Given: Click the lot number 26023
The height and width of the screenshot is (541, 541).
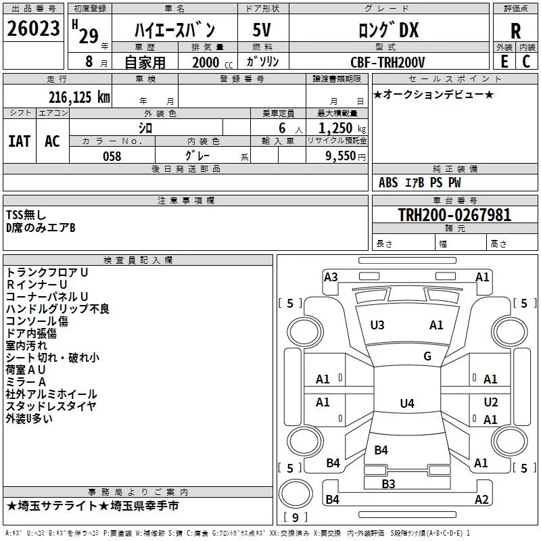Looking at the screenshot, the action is [x=33, y=28].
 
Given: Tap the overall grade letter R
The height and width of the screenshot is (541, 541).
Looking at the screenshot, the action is [x=515, y=31].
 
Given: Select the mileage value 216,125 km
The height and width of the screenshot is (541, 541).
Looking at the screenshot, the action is [x=79, y=97].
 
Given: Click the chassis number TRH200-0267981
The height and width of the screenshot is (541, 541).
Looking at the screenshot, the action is [x=454, y=214].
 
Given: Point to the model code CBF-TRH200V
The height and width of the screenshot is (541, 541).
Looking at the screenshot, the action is [x=387, y=62].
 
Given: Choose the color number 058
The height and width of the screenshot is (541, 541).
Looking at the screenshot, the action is [x=112, y=156].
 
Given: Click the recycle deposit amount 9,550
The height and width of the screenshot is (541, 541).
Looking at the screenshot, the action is [x=341, y=156].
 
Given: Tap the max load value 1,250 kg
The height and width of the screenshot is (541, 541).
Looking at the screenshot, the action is [x=342, y=128].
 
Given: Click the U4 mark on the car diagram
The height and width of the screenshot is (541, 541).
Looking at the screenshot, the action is [x=407, y=403].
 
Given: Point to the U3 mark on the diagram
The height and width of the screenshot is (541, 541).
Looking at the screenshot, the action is [x=377, y=325].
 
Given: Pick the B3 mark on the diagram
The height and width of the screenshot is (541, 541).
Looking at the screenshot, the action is [x=388, y=484].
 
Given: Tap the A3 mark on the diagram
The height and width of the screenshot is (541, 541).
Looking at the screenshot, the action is [x=331, y=277].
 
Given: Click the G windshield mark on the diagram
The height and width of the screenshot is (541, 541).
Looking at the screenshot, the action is [x=427, y=356].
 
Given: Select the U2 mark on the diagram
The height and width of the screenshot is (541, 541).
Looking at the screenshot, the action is [x=491, y=402].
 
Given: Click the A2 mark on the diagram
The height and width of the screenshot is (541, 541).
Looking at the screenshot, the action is [x=481, y=499].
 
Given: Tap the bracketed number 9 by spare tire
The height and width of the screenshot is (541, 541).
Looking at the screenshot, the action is [x=296, y=517].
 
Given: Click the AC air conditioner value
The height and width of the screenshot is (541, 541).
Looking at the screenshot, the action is [x=53, y=141].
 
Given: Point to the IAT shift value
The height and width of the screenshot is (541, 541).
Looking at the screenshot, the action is [x=20, y=141].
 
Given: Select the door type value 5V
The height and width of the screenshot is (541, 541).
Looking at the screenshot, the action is [x=262, y=30].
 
